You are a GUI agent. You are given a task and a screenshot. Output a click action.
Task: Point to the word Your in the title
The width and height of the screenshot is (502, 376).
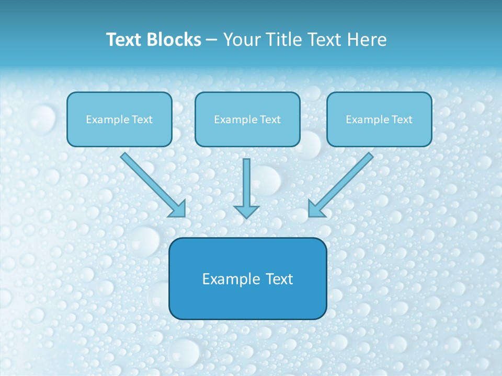point(241,40)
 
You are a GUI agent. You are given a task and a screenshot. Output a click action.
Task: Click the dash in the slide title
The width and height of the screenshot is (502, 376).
point(212,40)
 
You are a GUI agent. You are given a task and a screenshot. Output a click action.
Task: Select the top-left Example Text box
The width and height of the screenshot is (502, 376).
point(119,119)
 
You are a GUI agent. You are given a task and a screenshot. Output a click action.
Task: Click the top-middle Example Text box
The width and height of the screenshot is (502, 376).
point(247,119)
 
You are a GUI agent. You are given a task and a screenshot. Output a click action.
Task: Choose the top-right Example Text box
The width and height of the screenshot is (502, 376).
point(379,119)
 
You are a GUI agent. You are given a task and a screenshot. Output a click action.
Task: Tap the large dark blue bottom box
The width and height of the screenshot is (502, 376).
point(247,278)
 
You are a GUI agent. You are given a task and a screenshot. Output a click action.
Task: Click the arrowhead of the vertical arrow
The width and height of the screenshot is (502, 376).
point(246,211)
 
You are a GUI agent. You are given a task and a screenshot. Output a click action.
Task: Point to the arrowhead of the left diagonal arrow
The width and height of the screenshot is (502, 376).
point(178,209)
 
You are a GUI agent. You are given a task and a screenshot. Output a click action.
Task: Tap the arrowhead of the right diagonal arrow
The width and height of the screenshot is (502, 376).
point(316,209)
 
